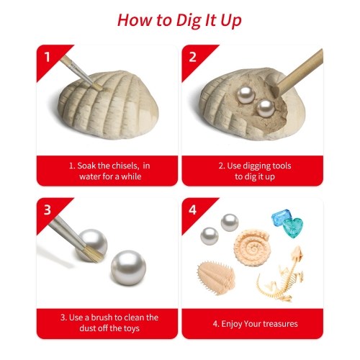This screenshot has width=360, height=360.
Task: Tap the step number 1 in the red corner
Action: [48, 57]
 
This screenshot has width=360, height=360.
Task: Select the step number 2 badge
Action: [192, 57]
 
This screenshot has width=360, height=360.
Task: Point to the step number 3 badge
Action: [48, 210]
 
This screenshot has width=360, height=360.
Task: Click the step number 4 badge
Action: [192, 210]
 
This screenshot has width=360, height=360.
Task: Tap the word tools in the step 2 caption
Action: [281, 166]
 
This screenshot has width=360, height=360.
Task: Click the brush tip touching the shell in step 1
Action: [97, 86]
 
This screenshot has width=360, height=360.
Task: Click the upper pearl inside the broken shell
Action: [246, 95]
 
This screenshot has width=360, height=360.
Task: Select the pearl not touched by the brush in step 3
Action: [128, 268]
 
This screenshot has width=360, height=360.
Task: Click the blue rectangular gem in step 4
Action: [280, 217]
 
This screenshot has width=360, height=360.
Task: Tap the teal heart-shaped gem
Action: [293, 227]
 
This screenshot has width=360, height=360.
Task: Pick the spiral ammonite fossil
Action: [252, 247]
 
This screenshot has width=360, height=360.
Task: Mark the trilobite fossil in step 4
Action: [215, 278]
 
